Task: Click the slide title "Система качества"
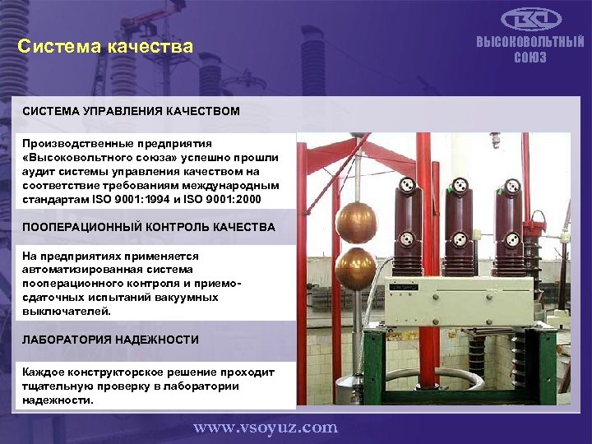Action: (x=105, y=47)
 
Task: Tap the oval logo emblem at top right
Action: (x=530, y=21)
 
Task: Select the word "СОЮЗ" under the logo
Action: (x=530, y=58)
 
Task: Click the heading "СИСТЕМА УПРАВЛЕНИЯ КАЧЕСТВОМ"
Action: (x=131, y=110)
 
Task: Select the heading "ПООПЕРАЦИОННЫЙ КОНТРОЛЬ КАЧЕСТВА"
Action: (x=148, y=227)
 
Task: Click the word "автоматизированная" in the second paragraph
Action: (x=74, y=269)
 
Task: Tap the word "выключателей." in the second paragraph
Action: (x=61, y=311)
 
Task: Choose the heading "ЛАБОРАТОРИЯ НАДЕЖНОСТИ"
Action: (x=110, y=340)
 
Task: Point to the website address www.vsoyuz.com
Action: (x=265, y=427)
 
